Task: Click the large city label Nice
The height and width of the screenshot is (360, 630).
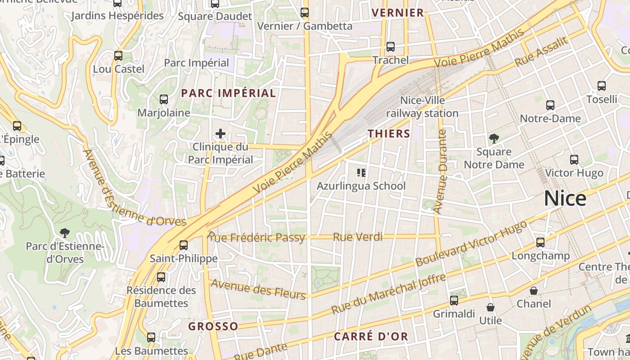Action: (x=565, y=198)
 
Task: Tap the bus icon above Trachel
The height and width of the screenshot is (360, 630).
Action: (x=391, y=47)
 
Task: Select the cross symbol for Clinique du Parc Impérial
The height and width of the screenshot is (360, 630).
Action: (x=220, y=134)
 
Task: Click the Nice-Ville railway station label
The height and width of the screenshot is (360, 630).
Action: (x=422, y=107)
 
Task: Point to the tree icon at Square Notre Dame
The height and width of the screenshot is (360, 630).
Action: (x=494, y=138)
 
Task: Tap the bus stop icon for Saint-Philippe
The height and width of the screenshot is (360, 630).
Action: (x=184, y=245)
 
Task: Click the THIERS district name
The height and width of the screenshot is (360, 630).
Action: (x=389, y=134)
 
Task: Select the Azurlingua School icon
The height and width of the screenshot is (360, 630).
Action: (x=361, y=173)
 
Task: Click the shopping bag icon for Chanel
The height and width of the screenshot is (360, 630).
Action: (x=534, y=291)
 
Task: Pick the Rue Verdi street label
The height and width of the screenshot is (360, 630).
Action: (x=358, y=237)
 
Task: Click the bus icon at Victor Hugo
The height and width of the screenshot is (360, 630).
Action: (x=574, y=160)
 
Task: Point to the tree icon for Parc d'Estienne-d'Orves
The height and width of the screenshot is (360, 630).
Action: (x=65, y=233)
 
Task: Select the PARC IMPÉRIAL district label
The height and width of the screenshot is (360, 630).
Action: (x=228, y=93)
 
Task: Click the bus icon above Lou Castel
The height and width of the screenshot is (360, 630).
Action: (x=118, y=56)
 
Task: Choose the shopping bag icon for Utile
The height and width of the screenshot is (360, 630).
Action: (x=490, y=307)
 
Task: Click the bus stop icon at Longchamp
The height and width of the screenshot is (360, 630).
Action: (x=540, y=243)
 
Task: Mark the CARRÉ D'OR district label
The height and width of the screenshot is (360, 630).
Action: (x=371, y=336)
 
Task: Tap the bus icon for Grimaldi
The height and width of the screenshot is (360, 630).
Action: (x=454, y=300)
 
